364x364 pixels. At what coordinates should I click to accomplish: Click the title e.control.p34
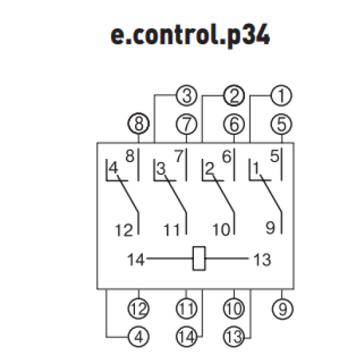pos(190,35)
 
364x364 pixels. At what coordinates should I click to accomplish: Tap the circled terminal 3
pos(187,96)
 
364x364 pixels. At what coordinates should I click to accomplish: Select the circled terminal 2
pos(234,96)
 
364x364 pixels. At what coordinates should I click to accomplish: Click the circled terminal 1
pos(281,96)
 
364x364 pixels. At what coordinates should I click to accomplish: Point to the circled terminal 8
pos(138,124)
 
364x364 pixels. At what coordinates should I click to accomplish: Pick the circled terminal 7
pos(187,124)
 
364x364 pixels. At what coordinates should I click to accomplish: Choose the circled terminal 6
pos(234,124)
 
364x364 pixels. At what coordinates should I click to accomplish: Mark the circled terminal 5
pos(281,124)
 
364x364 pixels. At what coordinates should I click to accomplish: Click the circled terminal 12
pos(138,309)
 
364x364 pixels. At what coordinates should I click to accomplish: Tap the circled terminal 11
pos(187,309)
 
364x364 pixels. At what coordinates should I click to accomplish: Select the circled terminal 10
pos(234,309)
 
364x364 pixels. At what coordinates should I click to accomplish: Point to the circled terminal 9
pos(283,309)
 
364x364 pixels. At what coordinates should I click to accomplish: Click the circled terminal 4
pos(138,337)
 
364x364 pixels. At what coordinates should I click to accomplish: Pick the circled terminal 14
pos(187,337)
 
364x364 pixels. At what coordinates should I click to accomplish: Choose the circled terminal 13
pos(234,337)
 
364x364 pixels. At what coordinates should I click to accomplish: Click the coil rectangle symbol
pos(199,258)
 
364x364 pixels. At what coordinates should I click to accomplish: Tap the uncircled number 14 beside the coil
pos(136,259)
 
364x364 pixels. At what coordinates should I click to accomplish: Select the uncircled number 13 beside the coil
pos(262,259)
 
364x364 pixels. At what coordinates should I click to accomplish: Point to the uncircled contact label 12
pos(124,230)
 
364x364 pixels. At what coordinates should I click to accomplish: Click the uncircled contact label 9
pos(271,228)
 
